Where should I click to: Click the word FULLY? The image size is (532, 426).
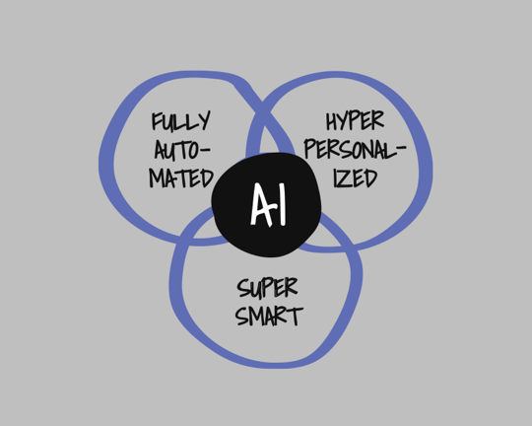click(181, 121)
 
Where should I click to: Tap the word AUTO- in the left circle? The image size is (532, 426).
click(182, 150)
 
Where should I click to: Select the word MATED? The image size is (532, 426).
click(181, 177)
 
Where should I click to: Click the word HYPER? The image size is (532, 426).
click(355, 120)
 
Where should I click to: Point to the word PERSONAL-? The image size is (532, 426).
click(356, 150)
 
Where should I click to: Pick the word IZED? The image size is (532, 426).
click(356, 177)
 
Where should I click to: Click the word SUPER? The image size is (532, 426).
click(267, 288)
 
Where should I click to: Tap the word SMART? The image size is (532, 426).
click(269, 316)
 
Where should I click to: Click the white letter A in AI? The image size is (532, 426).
click(262, 205)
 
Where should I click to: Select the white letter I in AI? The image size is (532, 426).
click(282, 204)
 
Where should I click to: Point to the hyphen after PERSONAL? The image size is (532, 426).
click(401, 147)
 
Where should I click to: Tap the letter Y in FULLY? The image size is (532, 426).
click(204, 121)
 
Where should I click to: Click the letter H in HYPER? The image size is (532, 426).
click(332, 121)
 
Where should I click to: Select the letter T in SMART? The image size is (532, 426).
click(296, 317)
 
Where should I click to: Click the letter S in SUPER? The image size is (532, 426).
click(244, 288)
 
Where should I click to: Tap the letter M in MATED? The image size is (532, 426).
click(157, 178)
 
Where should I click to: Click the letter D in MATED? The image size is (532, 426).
click(207, 178)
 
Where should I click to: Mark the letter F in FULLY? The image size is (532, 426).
click(157, 121)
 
